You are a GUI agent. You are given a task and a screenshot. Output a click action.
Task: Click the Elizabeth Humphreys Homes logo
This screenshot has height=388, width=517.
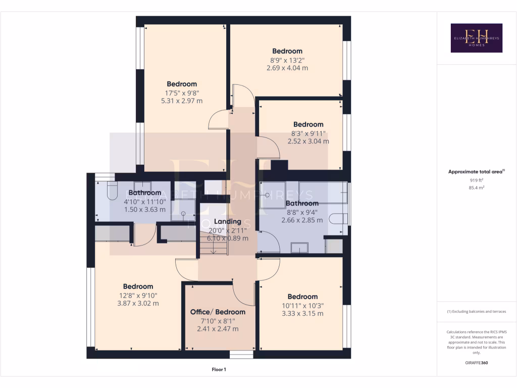476,38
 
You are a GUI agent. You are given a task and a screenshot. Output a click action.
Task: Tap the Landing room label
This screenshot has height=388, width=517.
227,222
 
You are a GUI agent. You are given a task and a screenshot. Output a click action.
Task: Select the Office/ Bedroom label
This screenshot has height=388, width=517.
218,312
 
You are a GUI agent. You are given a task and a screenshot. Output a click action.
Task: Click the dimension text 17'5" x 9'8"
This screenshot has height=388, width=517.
182,92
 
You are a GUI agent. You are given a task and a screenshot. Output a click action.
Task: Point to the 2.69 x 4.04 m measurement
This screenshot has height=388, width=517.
287,68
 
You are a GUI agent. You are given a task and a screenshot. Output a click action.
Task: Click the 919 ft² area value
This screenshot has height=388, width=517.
476,180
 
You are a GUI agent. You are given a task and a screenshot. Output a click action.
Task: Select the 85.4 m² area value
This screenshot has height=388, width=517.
476,187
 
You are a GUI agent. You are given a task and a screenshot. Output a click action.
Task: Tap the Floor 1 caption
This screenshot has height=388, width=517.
219,370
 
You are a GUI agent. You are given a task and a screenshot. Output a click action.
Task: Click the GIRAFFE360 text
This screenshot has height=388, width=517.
477,363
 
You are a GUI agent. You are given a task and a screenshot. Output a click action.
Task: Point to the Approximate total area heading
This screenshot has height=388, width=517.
476,172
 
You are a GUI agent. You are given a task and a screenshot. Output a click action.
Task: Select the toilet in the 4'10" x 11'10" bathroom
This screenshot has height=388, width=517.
112,192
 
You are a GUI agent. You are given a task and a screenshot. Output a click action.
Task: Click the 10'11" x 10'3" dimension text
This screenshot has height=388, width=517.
302,305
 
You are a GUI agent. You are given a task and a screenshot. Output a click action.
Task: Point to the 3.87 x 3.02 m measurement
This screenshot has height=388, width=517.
138,304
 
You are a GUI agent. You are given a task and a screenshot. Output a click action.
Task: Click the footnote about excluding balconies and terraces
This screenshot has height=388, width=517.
476,311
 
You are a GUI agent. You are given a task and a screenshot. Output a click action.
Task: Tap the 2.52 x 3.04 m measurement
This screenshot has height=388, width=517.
308,141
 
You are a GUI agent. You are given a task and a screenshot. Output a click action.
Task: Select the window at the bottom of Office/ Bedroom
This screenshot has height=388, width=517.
241,354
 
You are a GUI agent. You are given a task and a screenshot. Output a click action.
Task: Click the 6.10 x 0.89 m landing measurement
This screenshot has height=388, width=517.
227,238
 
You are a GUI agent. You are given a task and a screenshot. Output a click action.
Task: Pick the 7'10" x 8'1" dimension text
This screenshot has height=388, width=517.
218,320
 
